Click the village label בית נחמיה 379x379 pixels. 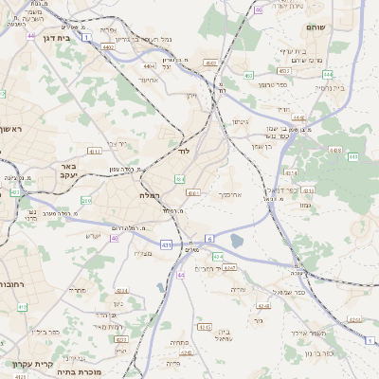point(326,86)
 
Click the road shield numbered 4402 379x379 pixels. point(109,45)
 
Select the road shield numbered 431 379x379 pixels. point(167,245)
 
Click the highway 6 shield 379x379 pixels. point(208,237)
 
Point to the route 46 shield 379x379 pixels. point(259,9)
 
